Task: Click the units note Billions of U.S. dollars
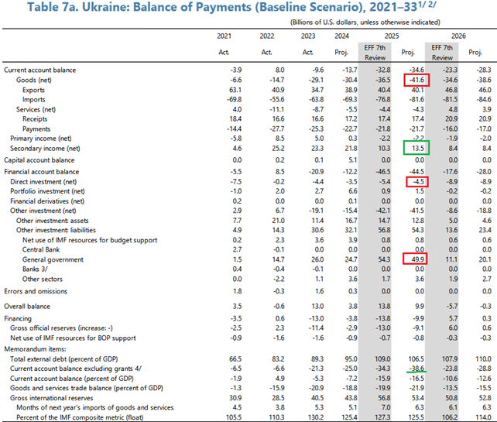pos(336,22)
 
